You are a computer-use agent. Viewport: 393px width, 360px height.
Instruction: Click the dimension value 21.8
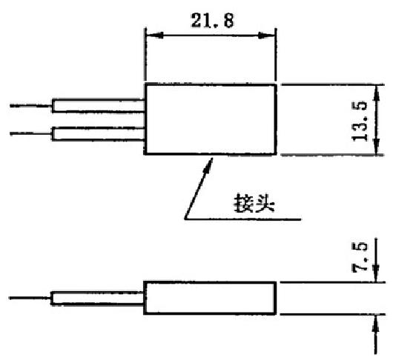pos(213,20)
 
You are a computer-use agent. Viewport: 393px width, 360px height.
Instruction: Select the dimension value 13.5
pos(360,121)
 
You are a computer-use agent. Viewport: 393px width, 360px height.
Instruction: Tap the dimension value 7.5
pos(360,257)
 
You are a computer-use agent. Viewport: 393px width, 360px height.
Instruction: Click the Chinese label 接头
pos(254,203)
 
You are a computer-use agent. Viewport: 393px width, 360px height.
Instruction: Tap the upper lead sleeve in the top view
pos(98,106)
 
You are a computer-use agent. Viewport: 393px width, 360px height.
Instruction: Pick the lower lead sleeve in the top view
pos(98,134)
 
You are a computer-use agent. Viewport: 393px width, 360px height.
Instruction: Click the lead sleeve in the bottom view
pos(97,299)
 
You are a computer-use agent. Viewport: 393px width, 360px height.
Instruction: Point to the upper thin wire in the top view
pos(31,106)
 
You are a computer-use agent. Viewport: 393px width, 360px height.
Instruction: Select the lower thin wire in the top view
pos(31,133)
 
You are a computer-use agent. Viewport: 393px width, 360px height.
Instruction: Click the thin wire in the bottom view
pos(30,298)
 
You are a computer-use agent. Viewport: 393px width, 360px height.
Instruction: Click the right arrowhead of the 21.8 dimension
pos(266,35)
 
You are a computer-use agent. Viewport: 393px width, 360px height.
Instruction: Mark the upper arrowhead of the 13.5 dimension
pos(376,93)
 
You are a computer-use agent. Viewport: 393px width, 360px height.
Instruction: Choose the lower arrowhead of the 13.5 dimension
pos(376,147)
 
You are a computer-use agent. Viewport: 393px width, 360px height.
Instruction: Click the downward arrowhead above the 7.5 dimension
pos(375,273)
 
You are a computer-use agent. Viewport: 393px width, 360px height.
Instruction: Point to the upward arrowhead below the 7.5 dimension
pos(375,324)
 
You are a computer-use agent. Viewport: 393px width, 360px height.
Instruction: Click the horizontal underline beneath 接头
pos(242,219)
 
